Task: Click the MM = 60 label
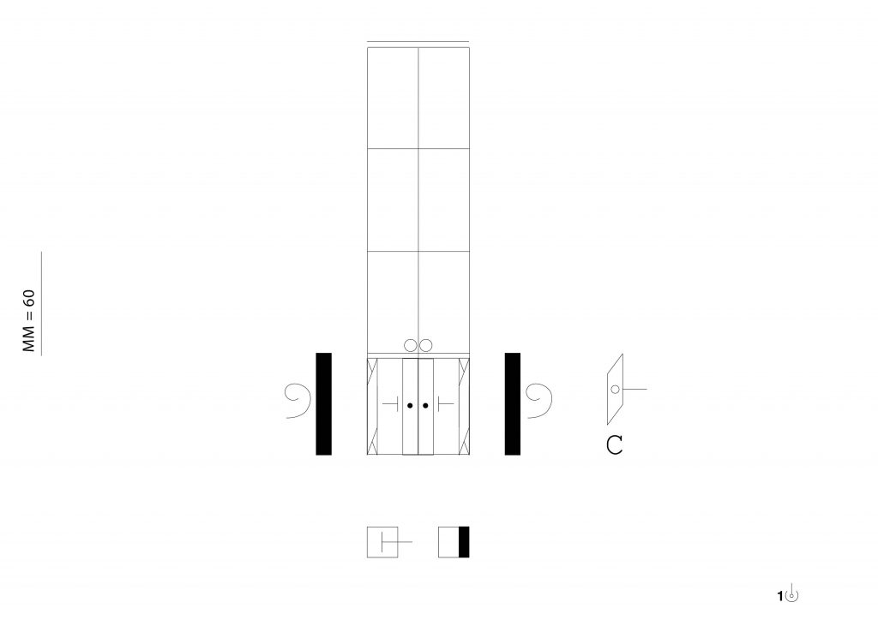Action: point(28,320)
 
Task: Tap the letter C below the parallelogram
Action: point(614,445)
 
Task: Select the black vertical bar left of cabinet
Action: point(323,404)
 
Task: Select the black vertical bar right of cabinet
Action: point(513,404)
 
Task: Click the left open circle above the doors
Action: point(411,346)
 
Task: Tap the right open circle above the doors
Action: point(425,346)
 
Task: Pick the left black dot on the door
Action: point(410,405)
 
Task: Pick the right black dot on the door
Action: point(425,405)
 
